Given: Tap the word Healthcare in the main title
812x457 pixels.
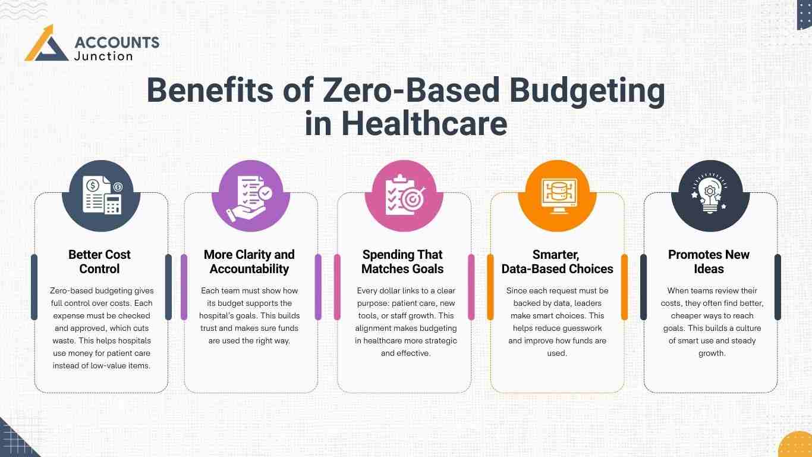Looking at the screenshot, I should [435, 124].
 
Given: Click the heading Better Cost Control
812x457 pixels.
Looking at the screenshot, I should [99, 262].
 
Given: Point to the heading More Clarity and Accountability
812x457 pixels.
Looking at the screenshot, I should [249, 262].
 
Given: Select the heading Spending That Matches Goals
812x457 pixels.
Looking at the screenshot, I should [402, 262].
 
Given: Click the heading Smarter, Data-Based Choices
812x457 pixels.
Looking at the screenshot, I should [557, 262].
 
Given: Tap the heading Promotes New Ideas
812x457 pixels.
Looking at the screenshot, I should [709, 262].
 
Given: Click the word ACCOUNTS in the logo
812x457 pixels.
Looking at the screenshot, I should [117, 42].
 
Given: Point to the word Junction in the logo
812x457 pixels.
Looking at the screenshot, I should [104, 56].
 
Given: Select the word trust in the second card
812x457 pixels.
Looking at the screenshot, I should [209, 328].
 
